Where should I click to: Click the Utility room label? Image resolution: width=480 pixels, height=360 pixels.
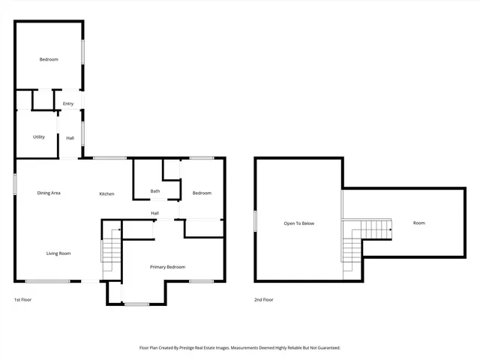(x=39, y=137)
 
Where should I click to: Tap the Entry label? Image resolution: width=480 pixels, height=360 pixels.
(x=68, y=103)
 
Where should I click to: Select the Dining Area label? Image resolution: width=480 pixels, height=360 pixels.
(x=49, y=193)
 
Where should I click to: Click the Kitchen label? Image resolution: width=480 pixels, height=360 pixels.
(x=107, y=194)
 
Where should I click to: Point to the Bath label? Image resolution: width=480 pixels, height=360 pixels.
(x=155, y=191)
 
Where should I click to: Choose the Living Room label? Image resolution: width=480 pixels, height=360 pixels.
(x=58, y=253)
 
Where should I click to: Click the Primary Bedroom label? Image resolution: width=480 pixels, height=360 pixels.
(x=167, y=267)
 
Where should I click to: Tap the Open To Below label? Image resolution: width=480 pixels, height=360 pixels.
(x=298, y=223)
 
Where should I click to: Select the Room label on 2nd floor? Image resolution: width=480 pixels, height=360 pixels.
(x=418, y=223)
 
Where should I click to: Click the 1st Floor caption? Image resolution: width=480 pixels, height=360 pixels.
(x=22, y=299)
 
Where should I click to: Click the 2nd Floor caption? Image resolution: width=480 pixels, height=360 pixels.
(x=263, y=299)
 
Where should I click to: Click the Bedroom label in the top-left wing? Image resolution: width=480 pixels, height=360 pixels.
(x=49, y=59)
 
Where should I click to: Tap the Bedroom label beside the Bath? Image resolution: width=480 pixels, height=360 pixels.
(x=202, y=193)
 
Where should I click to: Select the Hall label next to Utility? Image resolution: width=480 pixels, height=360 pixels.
(x=70, y=138)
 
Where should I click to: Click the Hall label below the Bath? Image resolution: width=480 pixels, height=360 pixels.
(x=154, y=213)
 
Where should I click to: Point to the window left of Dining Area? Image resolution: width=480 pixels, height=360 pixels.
(x=15, y=185)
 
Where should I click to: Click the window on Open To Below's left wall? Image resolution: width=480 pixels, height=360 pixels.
(x=255, y=222)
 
